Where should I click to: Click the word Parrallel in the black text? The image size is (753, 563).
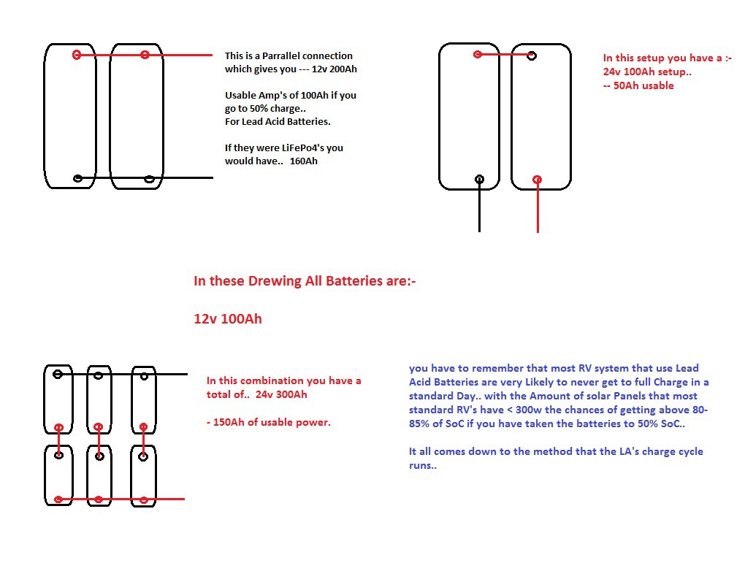279,55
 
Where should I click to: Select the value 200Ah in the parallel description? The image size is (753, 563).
343,69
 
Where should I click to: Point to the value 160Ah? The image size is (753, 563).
304,161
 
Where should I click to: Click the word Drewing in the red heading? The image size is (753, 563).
275,281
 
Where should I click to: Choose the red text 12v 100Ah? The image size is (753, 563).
228,318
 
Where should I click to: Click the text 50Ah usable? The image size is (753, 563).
643,86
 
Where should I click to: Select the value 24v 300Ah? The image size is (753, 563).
281,394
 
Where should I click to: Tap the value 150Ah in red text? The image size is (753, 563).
229,422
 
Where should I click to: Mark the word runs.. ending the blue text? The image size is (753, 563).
423,466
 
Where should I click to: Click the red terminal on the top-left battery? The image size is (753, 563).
77,55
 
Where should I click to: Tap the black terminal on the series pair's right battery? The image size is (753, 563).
532,55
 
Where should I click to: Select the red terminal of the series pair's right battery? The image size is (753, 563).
538,180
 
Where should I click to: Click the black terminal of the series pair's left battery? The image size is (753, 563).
479,180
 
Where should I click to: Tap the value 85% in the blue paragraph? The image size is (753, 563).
418,424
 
